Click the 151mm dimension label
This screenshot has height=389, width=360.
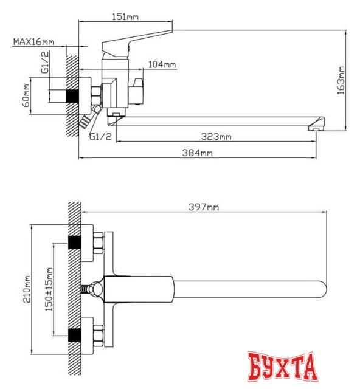pos(125,17)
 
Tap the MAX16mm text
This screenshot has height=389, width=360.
pos(33,41)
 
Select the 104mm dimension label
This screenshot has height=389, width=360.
pos(162,64)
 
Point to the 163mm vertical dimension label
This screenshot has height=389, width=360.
pos(341,80)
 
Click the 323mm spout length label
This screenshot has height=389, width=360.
pos(216,136)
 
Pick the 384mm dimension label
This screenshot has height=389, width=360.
pos(198,153)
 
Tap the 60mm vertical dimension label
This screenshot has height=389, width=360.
pos(26,95)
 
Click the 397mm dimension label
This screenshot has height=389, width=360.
pos(204,207)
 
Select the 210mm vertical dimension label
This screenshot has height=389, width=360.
pos(27,289)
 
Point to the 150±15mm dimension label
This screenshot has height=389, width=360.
pos(49,289)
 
